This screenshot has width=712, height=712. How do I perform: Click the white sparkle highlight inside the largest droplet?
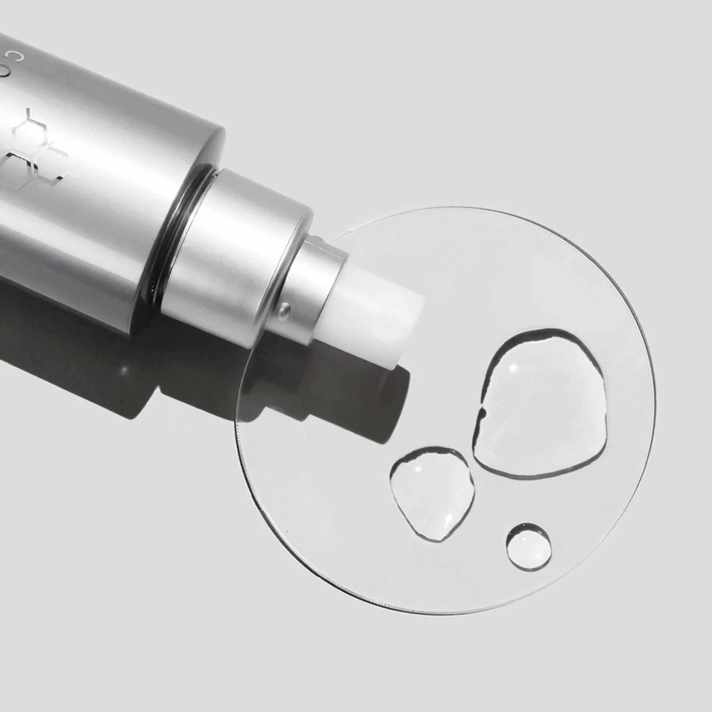513,367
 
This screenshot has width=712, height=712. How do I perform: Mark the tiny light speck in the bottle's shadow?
124,368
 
